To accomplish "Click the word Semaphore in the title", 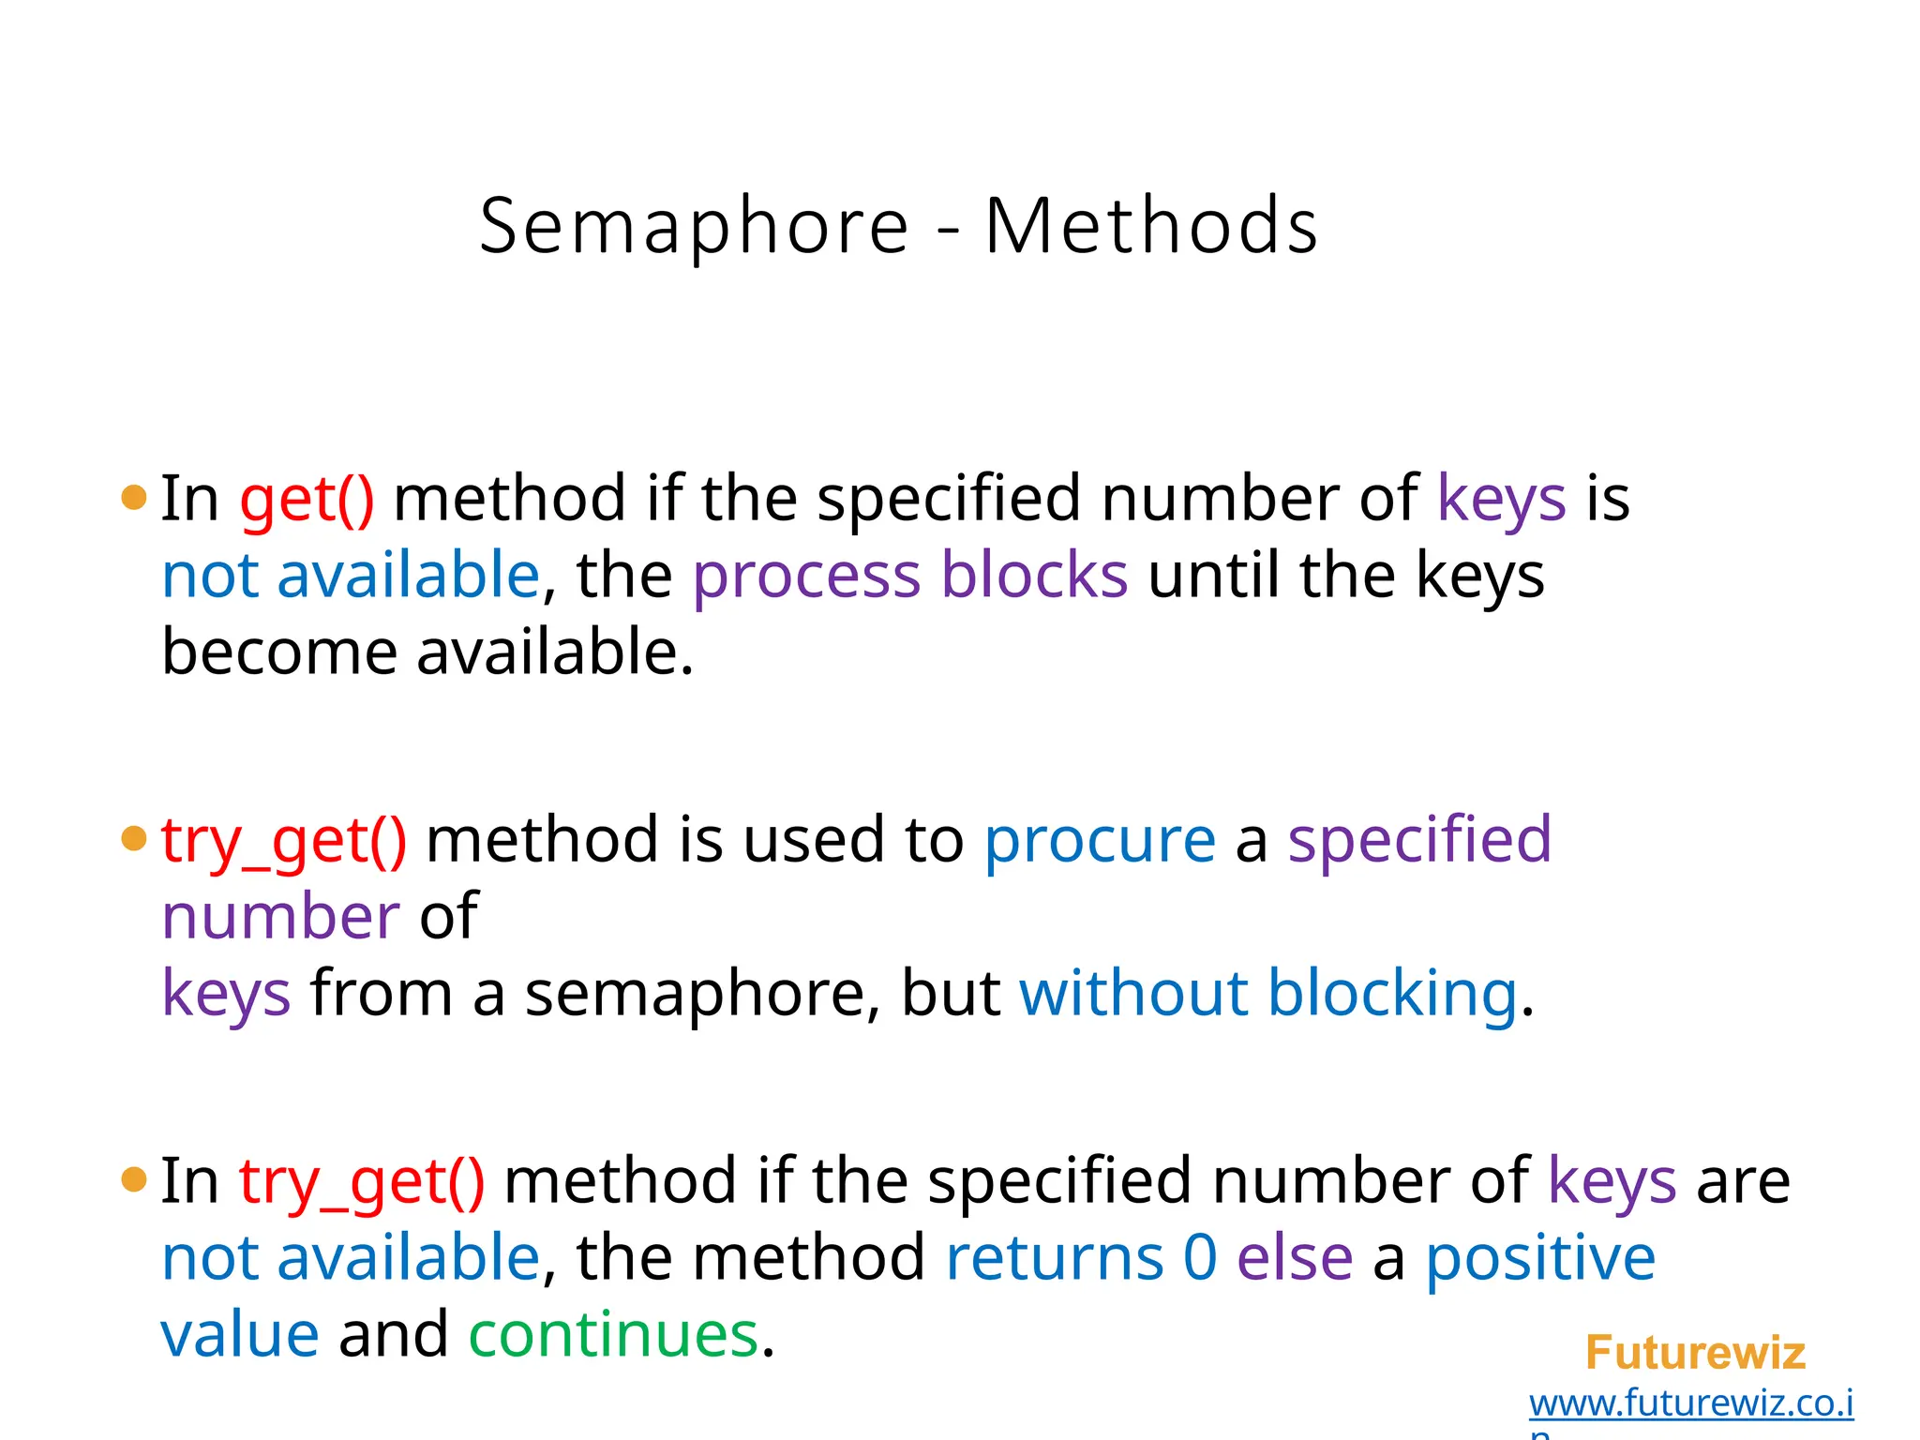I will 694,228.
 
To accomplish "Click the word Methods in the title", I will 1151,228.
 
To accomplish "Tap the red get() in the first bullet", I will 307,500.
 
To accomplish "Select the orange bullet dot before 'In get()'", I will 134,498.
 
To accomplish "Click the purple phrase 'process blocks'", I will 909,576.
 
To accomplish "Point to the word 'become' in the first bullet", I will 279,652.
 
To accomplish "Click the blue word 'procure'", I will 1099,840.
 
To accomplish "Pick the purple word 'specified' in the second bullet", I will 1418,840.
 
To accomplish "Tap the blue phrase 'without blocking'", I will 1267,994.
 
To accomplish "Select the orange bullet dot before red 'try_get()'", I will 134,838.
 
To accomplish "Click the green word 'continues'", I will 612,1335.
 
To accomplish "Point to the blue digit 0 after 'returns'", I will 1199,1258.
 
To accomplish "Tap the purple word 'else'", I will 1295,1258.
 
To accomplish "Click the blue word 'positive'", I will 1540,1258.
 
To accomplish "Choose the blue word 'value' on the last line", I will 240,1335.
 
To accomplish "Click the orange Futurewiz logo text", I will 1694,1353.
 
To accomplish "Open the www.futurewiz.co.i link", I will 1690,1403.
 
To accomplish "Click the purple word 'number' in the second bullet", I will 280,917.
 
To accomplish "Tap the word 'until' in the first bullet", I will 1212,576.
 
